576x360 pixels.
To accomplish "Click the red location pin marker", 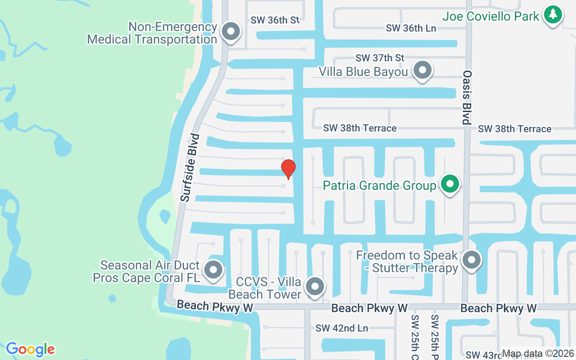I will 288,169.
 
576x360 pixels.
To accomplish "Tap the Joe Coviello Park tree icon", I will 553,15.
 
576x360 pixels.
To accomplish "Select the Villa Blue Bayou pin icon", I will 422,70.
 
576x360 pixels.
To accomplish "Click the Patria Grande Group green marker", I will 449,184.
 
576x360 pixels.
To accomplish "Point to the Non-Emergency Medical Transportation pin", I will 231,31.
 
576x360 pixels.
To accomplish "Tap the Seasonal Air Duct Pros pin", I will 213,270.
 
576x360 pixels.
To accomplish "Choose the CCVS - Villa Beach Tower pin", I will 315,286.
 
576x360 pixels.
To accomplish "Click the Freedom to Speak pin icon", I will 471,260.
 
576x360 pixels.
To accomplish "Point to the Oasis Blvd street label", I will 467,97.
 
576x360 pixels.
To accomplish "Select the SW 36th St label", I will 275,20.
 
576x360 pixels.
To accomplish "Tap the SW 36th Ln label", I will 411,28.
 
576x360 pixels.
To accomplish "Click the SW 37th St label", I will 380,58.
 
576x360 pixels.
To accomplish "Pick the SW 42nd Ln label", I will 342,328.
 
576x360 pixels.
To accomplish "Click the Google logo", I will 30,349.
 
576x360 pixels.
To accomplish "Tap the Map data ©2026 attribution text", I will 538,354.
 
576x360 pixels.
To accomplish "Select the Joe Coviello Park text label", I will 490,17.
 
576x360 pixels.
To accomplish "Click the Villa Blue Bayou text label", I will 363,72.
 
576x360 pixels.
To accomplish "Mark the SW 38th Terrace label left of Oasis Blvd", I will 360,128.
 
